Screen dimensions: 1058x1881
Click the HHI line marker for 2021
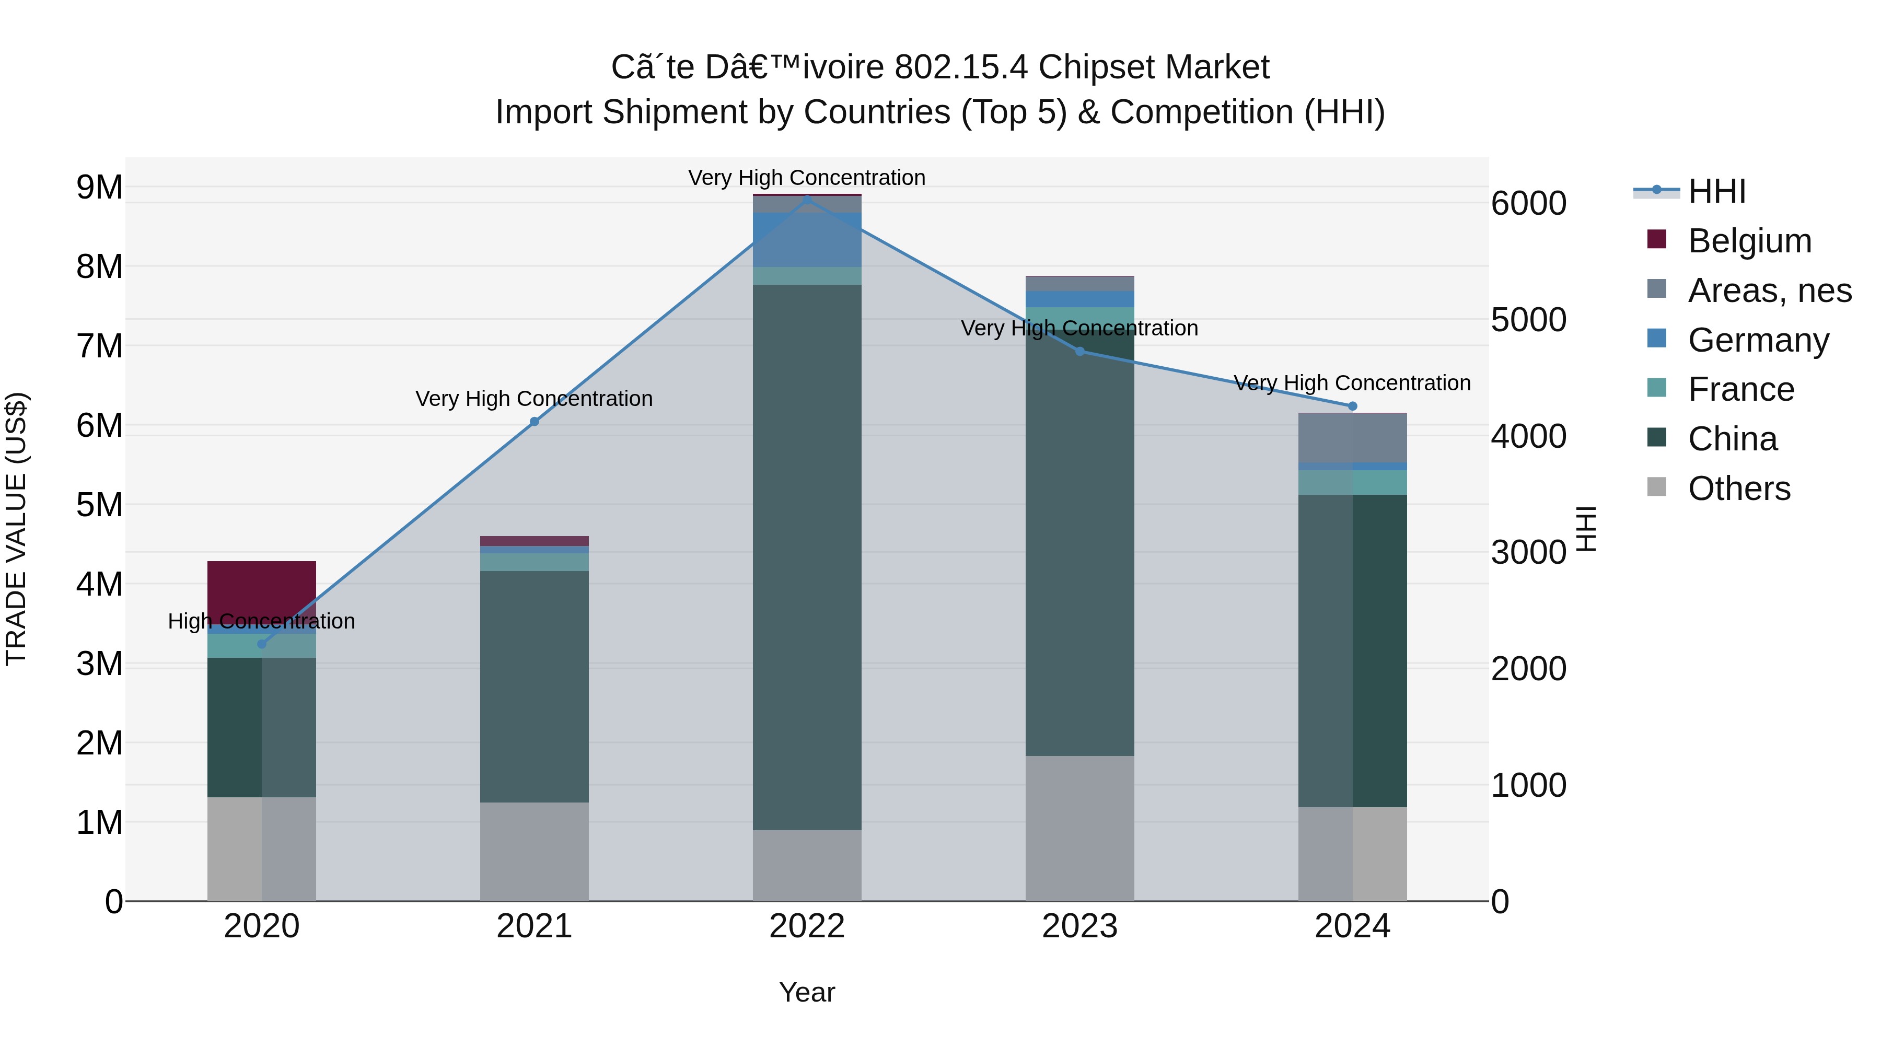(x=535, y=421)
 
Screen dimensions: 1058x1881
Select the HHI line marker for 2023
(x=1080, y=351)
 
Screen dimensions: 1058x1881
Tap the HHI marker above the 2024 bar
(x=1352, y=406)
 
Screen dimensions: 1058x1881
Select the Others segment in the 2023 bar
(x=1079, y=828)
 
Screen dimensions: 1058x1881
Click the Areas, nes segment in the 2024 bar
(x=1352, y=437)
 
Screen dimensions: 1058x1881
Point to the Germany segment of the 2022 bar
(x=807, y=239)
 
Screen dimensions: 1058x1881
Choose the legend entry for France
(x=1741, y=389)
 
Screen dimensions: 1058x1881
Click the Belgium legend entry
(x=1749, y=240)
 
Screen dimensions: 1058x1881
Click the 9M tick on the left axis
(x=99, y=187)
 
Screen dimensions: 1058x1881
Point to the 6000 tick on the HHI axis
(x=1528, y=203)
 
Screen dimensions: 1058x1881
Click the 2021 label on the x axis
(x=535, y=926)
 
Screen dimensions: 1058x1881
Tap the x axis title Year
(x=807, y=992)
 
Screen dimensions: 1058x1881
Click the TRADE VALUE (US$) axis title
(x=16, y=529)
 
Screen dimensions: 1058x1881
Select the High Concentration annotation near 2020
(x=261, y=621)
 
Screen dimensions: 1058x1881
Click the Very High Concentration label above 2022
(x=807, y=178)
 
